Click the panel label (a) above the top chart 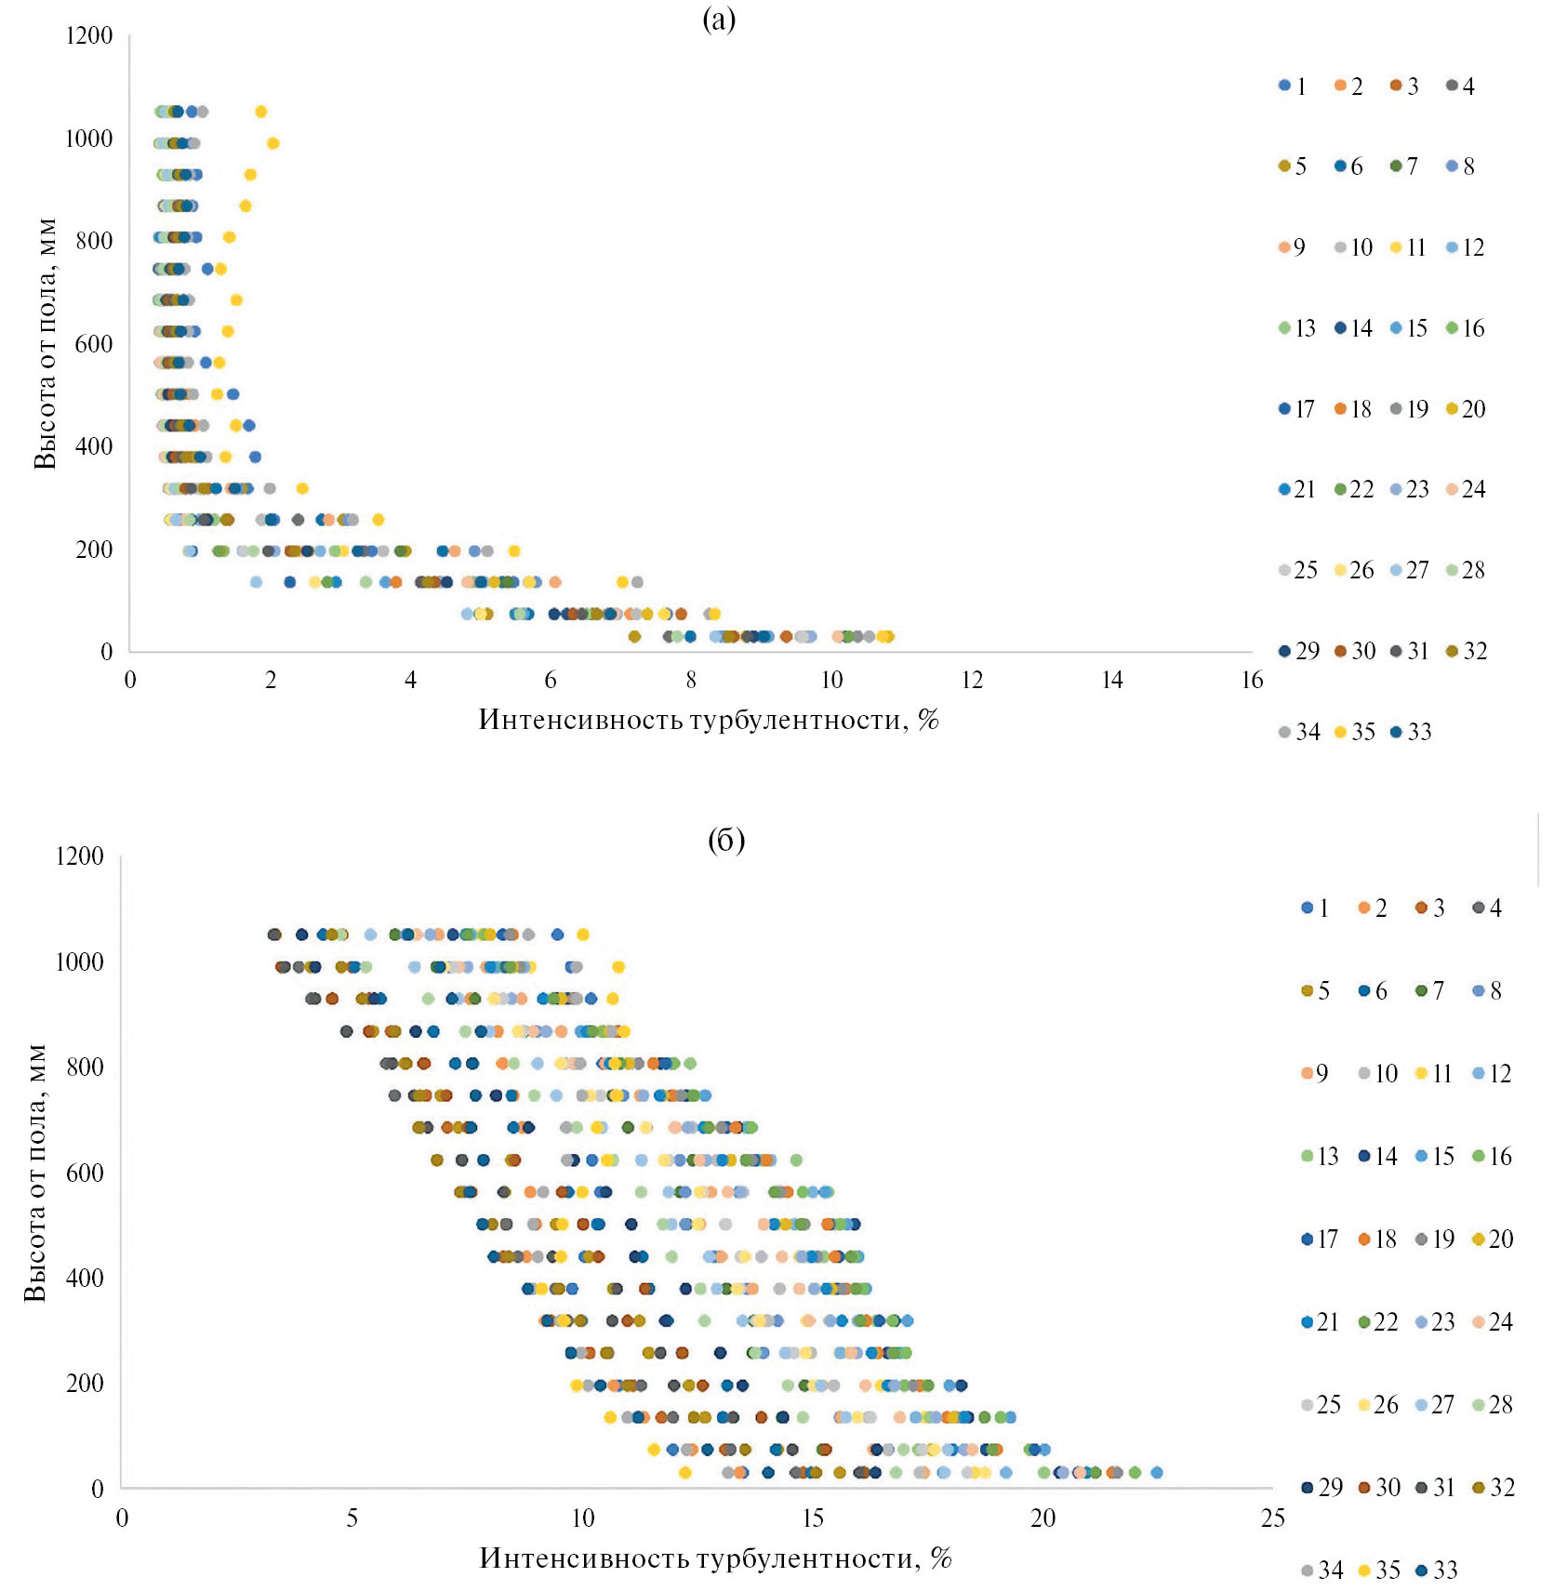click(719, 20)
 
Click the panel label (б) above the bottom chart click(725, 841)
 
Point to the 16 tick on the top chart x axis click(1252, 681)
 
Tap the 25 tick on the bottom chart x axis click(1272, 1518)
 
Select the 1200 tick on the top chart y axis click(89, 35)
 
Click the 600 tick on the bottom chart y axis click(85, 1173)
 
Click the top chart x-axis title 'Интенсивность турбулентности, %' click(709, 720)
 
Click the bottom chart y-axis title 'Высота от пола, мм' click(35, 1173)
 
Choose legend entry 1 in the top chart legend click(1293, 86)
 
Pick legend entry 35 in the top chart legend click(1354, 732)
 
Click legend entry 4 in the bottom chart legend click(1488, 908)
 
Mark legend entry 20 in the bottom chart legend click(1493, 1240)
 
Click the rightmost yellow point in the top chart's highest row click(261, 112)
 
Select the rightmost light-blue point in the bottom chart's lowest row click(1156, 1472)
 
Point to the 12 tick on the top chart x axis click(972, 681)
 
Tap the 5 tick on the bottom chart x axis click(352, 1518)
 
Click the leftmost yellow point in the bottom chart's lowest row click(685, 1472)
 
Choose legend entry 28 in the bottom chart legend click(1493, 1405)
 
